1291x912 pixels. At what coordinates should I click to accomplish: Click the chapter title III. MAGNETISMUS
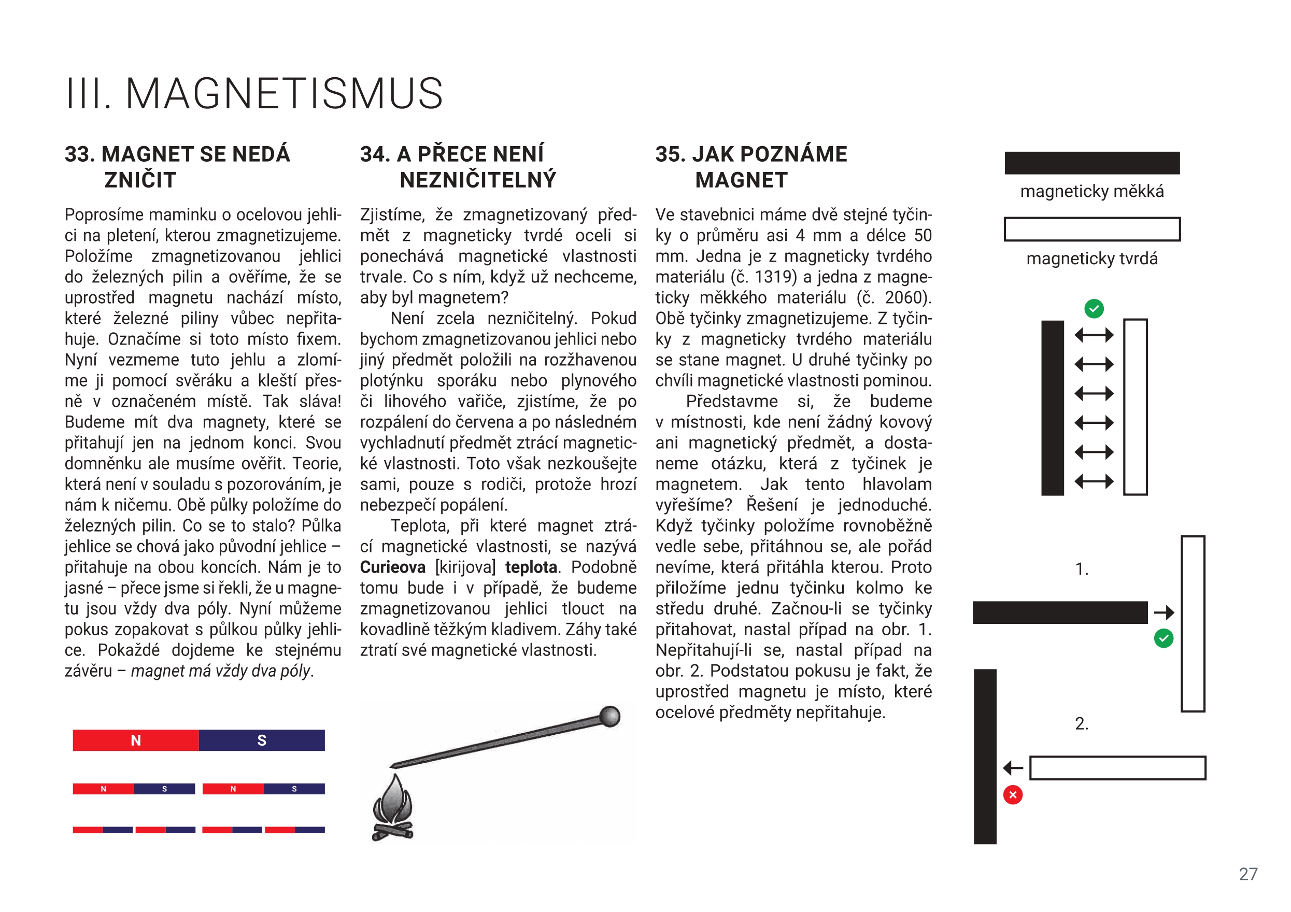254,93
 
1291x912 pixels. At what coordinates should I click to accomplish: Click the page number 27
1247,874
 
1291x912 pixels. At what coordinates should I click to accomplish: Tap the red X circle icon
1013,795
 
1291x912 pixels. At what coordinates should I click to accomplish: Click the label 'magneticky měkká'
1092,192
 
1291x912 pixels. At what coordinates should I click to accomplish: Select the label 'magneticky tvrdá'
1092,259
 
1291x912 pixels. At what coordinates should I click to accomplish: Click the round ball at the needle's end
609,716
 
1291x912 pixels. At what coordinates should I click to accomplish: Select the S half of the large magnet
261,740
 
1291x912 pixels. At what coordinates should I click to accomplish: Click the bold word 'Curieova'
392,567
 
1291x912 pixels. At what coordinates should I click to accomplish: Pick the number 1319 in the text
773,277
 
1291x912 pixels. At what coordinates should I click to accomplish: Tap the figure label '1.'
1082,569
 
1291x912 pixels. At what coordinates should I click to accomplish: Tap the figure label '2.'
1081,723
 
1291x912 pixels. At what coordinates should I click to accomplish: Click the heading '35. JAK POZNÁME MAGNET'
751,167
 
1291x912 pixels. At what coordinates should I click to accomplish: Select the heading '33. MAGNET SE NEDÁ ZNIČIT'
177,167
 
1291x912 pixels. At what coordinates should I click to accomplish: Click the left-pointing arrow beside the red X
1013,767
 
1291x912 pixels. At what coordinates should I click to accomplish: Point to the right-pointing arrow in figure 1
1164,612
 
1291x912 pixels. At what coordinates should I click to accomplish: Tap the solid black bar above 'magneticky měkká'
1092,163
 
